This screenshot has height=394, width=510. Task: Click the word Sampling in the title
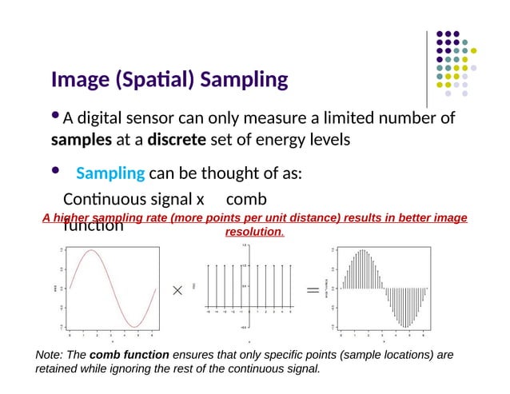(x=243, y=81)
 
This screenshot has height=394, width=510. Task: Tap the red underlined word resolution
(x=254, y=232)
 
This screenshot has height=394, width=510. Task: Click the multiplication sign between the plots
(x=177, y=291)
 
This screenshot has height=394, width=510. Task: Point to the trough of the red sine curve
(x=137, y=326)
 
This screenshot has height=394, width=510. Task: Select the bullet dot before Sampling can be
(x=55, y=170)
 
